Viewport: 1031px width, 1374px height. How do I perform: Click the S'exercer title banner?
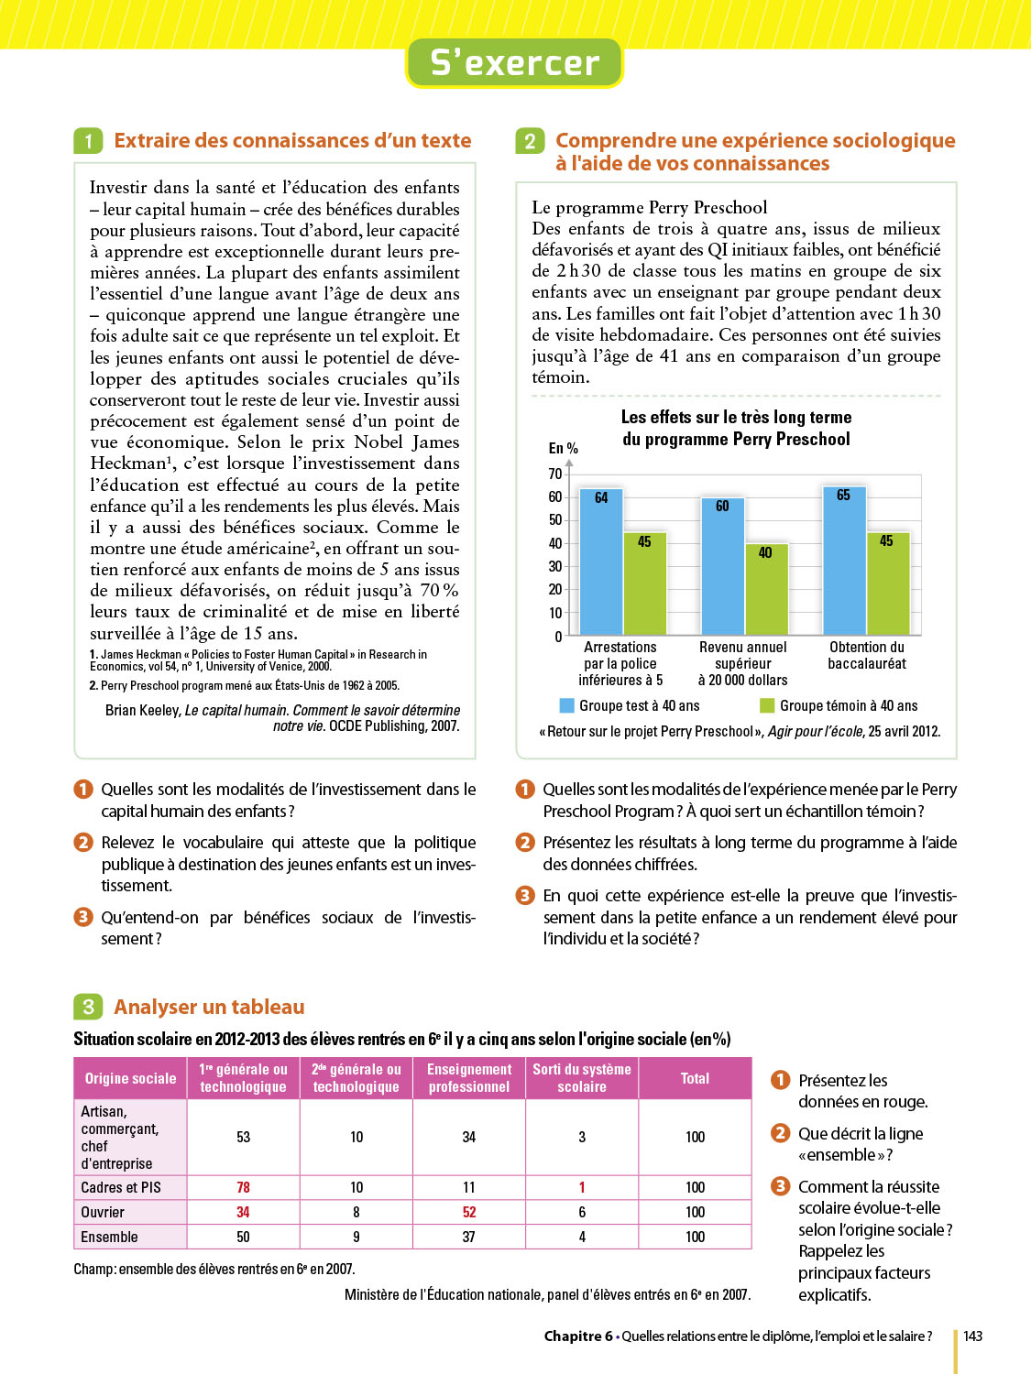click(514, 62)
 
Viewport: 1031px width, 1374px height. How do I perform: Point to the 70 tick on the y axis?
click(555, 474)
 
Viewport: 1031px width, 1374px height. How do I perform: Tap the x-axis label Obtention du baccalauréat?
click(867, 655)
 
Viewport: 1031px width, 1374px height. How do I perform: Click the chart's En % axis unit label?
click(563, 448)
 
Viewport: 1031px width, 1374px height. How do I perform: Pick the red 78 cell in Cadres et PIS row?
click(243, 1187)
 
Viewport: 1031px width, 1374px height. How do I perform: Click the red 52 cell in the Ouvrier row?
click(469, 1212)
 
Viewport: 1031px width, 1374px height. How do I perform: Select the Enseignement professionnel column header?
click(469, 1078)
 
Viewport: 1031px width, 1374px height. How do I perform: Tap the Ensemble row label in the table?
click(110, 1237)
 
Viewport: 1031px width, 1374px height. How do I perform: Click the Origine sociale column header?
click(130, 1078)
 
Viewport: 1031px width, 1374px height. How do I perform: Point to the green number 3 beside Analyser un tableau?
click(88, 1007)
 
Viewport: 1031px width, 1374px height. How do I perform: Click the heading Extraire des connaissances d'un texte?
click(292, 140)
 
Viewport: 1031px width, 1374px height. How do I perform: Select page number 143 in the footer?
click(972, 1336)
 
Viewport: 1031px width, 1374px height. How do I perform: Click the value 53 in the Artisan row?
click(243, 1137)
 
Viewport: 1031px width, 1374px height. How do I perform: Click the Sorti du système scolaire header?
click(582, 1078)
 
